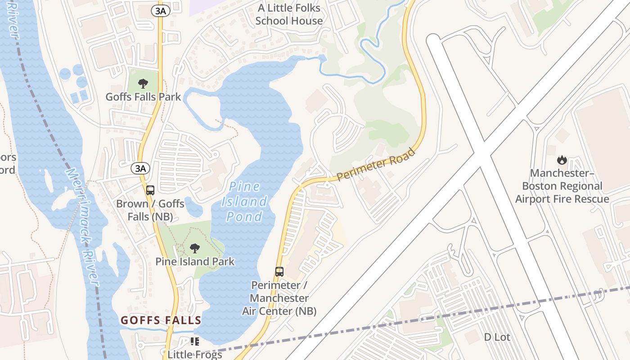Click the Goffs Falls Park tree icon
pyautogui.click(x=143, y=83)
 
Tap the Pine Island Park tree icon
pyautogui.click(x=195, y=248)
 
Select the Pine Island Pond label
pyautogui.click(x=244, y=202)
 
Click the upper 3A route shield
pyautogui.click(x=161, y=11)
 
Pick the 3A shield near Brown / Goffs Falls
pyautogui.click(x=140, y=168)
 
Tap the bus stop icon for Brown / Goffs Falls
pyautogui.click(x=150, y=190)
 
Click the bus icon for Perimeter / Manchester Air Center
pyautogui.click(x=279, y=271)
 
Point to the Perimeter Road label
pyautogui.click(x=376, y=165)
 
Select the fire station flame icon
pyautogui.click(x=562, y=160)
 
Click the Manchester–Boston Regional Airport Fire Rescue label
pyautogui.click(x=562, y=186)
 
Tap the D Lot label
pyautogui.click(x=497, y=337)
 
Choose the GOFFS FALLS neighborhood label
pyautogui.click(x=161, y=320)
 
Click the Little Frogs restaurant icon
pyautogui.click(x=194, y=342)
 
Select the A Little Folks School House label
pyautogui.click(x=289, y=14)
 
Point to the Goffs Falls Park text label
pyautogui.click(x=143, y=97)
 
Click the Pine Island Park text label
pyautogui.click(x=195, y=261)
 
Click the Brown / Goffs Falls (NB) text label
pyautogui.click(x=150, y=210)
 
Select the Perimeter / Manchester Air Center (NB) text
pyautogui.click(x=279, y=298)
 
